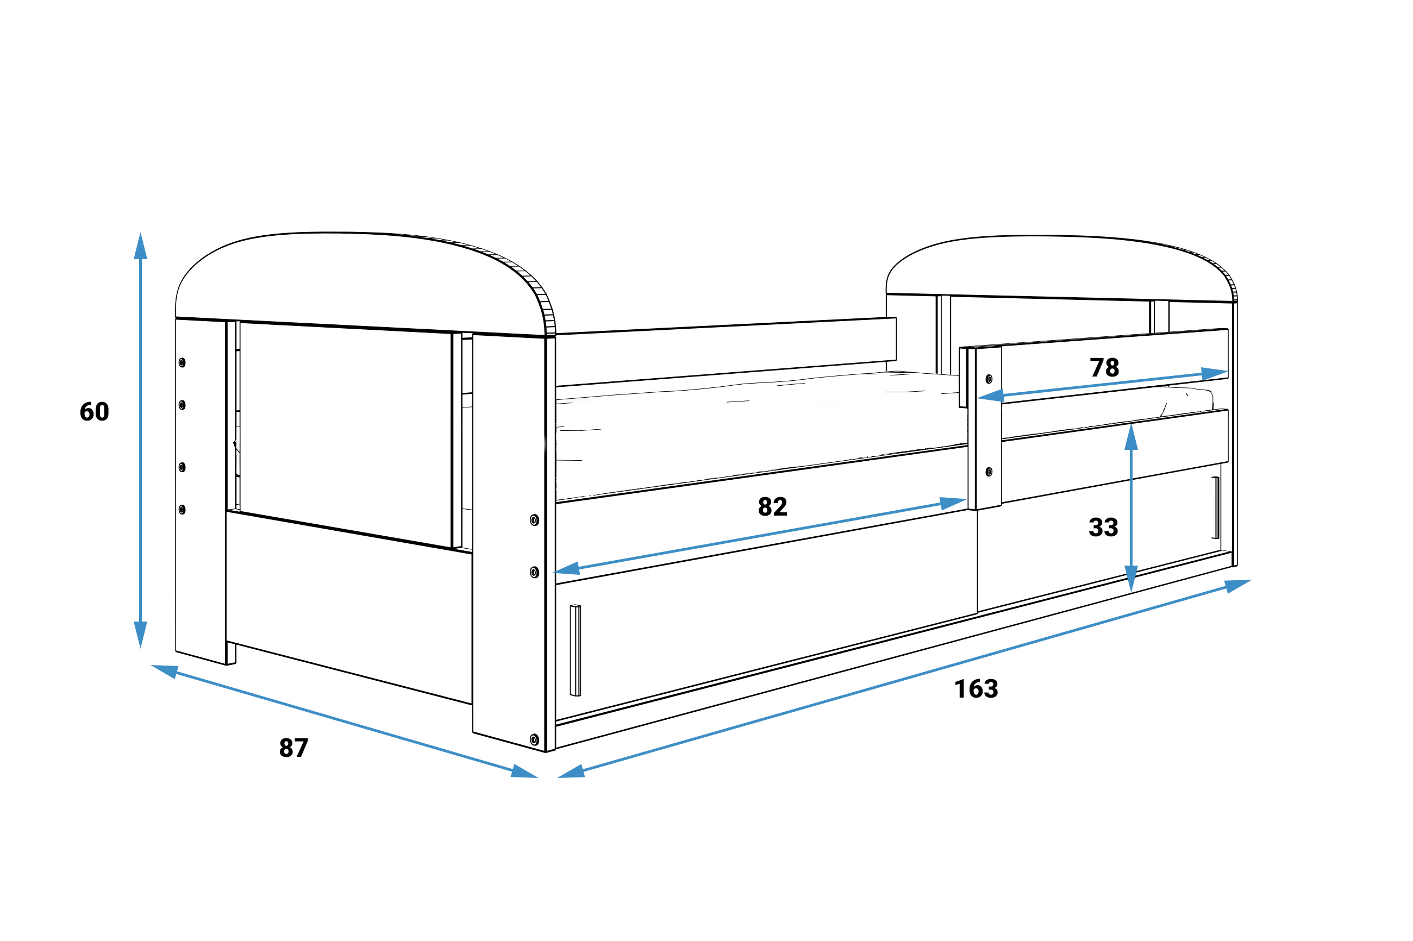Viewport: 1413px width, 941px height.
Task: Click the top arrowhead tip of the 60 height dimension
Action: (x=140, y=233)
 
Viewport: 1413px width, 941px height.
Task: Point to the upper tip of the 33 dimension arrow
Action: (x=1131, y=424)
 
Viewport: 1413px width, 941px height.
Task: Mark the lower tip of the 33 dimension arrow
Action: (x=1131, y=592)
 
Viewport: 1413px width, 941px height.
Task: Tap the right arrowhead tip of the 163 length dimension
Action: (x=1252, y=580)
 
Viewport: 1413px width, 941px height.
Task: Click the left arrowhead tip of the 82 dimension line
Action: (x=553, y=572)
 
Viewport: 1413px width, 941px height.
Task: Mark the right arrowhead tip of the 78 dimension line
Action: (x=1228, y=372)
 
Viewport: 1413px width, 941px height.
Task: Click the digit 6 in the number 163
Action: (x=977, y=689)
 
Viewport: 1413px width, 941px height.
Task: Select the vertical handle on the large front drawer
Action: (x=575, y=650)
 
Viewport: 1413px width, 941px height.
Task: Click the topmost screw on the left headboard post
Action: (x=182, y=362)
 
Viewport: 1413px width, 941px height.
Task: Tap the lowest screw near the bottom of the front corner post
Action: (x=534, y=739)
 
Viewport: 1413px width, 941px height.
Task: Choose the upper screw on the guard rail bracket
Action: (x=989, y=379)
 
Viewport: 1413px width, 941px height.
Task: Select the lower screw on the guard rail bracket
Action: (x=989, y=472)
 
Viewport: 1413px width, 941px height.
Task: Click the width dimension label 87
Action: (x=293, y=748)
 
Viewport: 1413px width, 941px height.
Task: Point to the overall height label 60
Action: (x=94, y=412)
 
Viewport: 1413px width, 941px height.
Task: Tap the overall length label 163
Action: (x=976, y=689)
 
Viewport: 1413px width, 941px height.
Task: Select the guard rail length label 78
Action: (x=1104, y=367)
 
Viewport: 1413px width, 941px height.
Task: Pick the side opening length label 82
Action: (x=772, y=506)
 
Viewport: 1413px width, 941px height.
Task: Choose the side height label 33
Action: (x=1103, y=527)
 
